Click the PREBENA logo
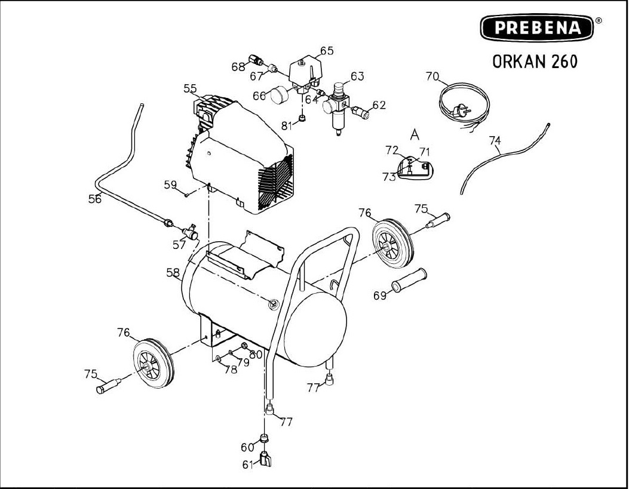click(x=538, y=27)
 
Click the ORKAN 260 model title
click(x=535, y=61)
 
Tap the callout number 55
click(x=190, y=88)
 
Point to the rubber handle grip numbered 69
click(x=409, y=280)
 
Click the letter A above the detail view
click(x=415, y=135)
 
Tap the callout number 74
click(x=495, y=141)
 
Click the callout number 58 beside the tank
click(x=173, y=272)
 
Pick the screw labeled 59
click(x=188, y=195)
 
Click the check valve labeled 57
click(x=191, y=232)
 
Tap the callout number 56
click(x=95, y=199)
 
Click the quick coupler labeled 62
click(x=360, y=112)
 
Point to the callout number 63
click(x=357, y=76)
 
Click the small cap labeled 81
click(x=303, y=118)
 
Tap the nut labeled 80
click(x=244, y=346)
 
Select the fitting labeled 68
click(x=256, y=60)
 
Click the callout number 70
click(x=432, y=76)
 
